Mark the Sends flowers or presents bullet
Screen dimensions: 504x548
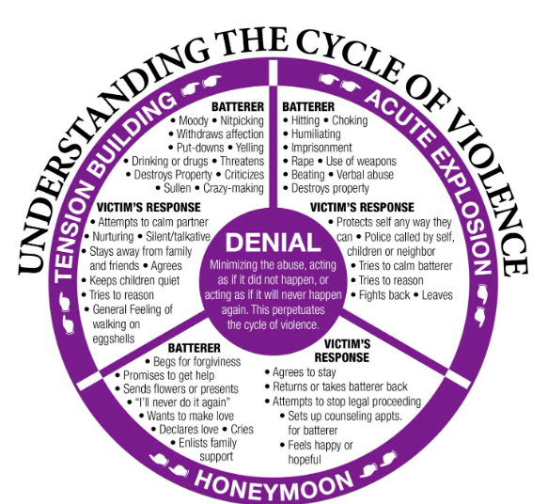[187, 387]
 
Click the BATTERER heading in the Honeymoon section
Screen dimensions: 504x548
[195, 348]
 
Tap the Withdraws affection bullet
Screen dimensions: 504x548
[215, 134]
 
